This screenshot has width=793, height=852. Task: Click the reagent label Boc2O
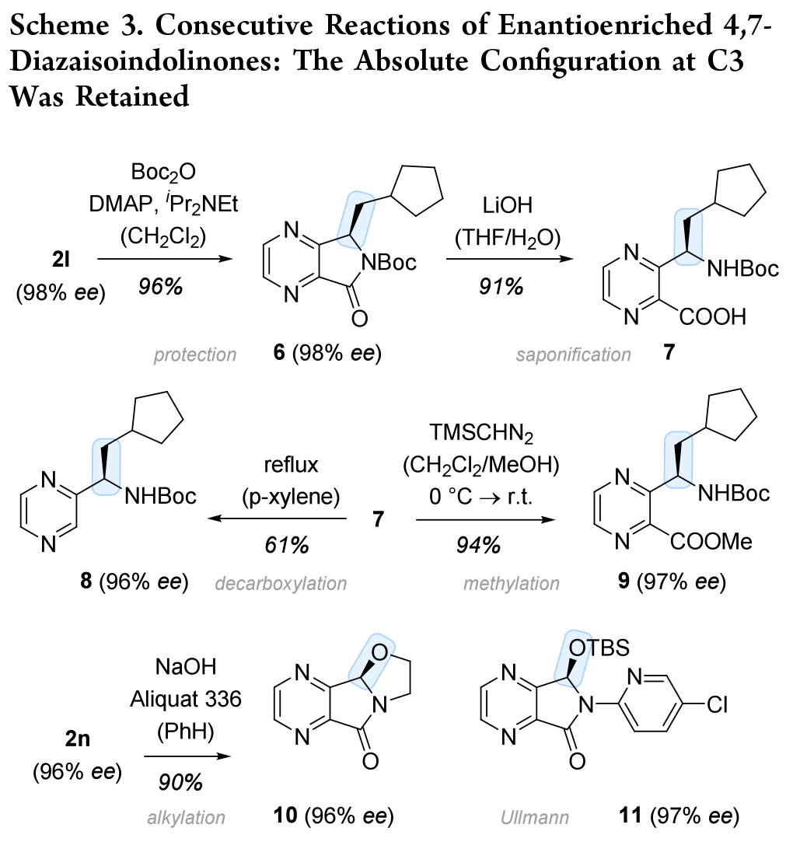[x=163, y=173]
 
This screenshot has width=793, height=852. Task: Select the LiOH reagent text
[x=507, y=205]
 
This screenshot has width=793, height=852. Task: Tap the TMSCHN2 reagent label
[x=481, y=433]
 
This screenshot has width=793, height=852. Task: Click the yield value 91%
[x=501, y=286]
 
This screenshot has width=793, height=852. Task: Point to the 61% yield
[x=286, y=544]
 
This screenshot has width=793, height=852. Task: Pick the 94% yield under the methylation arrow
[x=478, y=544]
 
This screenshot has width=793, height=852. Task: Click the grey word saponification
[x=574, y=354]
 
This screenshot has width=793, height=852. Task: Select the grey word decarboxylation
[x=281, y=584]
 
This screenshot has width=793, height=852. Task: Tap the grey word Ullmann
[x=535, y=817]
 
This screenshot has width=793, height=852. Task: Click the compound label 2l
[x=61, y=260]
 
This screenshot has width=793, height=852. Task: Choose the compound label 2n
[x=77, y=739]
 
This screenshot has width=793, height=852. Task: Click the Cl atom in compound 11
[x=717, y=705]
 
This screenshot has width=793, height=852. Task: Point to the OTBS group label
[x=599, y=648]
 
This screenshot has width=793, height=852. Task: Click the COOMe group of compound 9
[x=711, y=541]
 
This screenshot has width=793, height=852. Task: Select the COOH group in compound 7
[x=713, y=317]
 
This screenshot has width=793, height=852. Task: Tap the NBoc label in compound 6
[x=389, y=263]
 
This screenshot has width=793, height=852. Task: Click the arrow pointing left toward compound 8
[x=278, y=519]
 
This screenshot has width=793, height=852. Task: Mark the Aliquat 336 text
[x=185, y=699]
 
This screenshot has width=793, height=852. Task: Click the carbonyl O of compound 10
[x=370, y=761]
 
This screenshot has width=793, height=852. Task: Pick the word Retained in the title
[x=132, y=96]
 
